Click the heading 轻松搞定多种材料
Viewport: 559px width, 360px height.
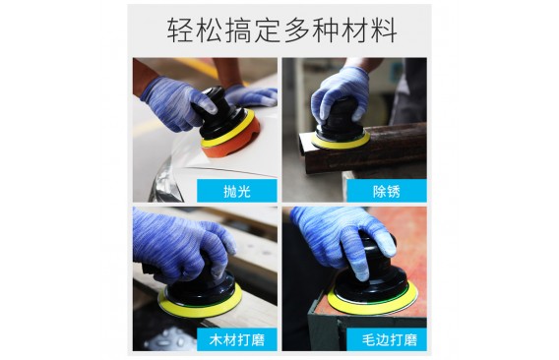[x=281, y=30]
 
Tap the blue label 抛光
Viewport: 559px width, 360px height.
[x=237, y=191]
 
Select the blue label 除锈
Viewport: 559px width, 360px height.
[x=387, y=191]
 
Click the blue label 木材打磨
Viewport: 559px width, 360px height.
[x=237, y=339]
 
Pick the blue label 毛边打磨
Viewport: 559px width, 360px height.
[x=387, y=339]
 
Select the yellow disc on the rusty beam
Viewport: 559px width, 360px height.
[x=341, y=142]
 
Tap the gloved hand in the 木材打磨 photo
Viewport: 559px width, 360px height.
[x=182, y=246]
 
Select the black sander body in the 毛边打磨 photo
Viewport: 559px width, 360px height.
[x=374, y=278]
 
